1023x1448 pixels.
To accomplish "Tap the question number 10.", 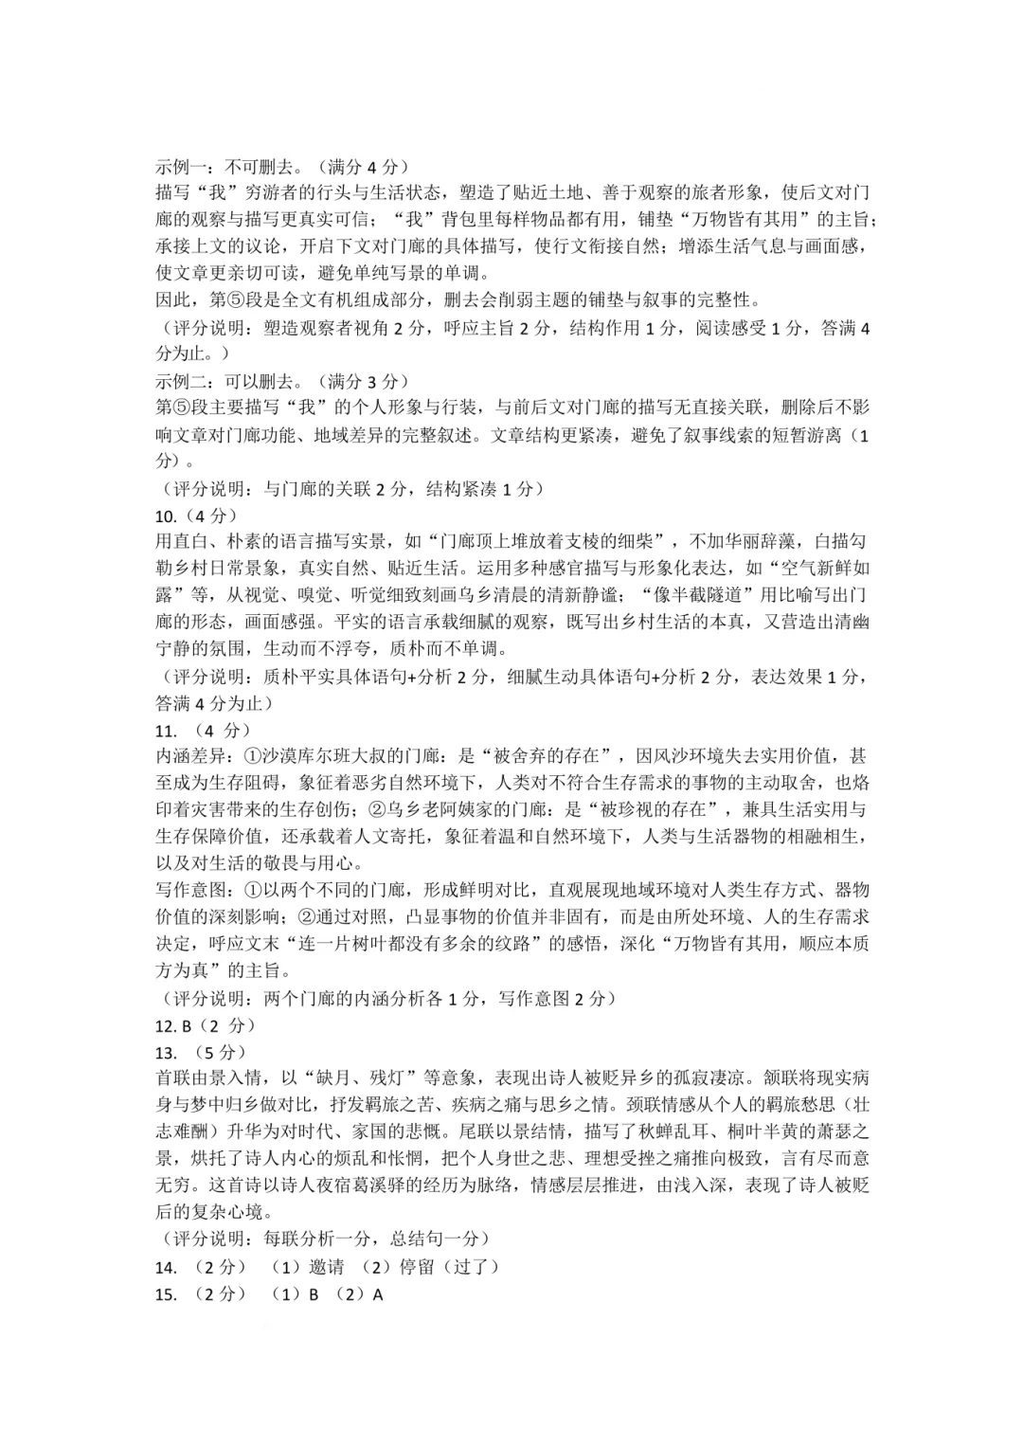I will [x=166, y=516].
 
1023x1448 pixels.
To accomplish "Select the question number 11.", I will [x=166, y=731].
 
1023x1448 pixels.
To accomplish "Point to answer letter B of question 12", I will [x=187, y=1026].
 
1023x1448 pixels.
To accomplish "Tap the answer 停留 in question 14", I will [x=417, y=1268].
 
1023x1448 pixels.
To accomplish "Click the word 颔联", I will [x=779, y=1079].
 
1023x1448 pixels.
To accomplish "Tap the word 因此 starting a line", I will [x=171, y=301].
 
